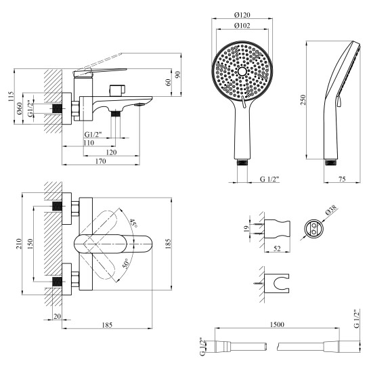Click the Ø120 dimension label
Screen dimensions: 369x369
242,15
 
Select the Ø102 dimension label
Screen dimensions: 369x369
242,26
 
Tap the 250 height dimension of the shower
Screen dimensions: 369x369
303,100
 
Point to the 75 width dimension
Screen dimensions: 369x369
342,179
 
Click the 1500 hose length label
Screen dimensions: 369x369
277,324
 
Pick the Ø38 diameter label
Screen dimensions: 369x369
332,210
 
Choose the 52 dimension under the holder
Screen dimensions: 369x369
277,248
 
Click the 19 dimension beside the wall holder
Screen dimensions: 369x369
246,228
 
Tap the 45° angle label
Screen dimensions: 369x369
133,223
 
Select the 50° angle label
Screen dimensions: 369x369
126,264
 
